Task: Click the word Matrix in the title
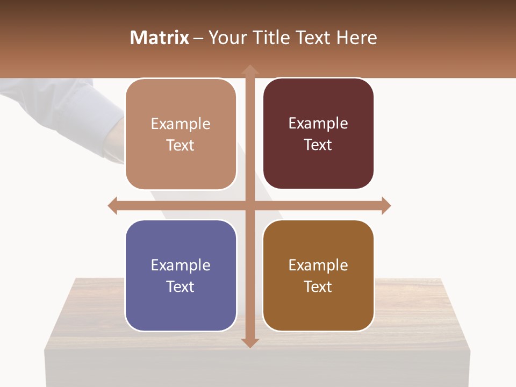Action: (160, 38)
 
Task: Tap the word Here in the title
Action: (356, 38)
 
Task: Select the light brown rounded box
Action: (181, 134)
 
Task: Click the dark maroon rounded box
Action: (318, 134)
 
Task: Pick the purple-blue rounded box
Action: (181, 275)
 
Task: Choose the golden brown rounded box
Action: (318, 275)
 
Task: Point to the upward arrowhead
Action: (249, 70)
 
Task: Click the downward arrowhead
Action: (249, 342)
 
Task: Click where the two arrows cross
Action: (249, 205)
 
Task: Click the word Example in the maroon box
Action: (318, 124)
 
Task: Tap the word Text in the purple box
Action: (181, 286)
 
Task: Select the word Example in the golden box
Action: (318, 265)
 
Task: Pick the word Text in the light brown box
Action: (181, 146)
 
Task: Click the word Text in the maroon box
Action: (318, 145)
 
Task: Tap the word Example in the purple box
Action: (181, 265)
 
